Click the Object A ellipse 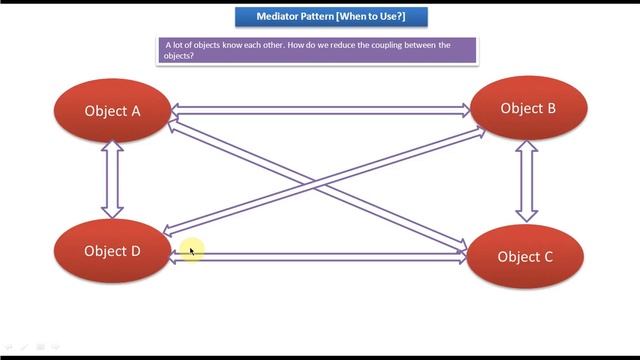point(112,111)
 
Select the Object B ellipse point(527,108)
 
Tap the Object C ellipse point(525,257)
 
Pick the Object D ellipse point(112,251)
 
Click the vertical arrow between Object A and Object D point(112,180)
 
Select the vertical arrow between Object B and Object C point(526,181)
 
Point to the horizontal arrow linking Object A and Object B point(320,111)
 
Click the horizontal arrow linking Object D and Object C point(320,257)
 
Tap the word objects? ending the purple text point(179,56)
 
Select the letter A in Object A point(136,111)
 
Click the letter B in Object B point(550,108)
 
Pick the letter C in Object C point(548,257)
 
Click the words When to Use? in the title point(377,17)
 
